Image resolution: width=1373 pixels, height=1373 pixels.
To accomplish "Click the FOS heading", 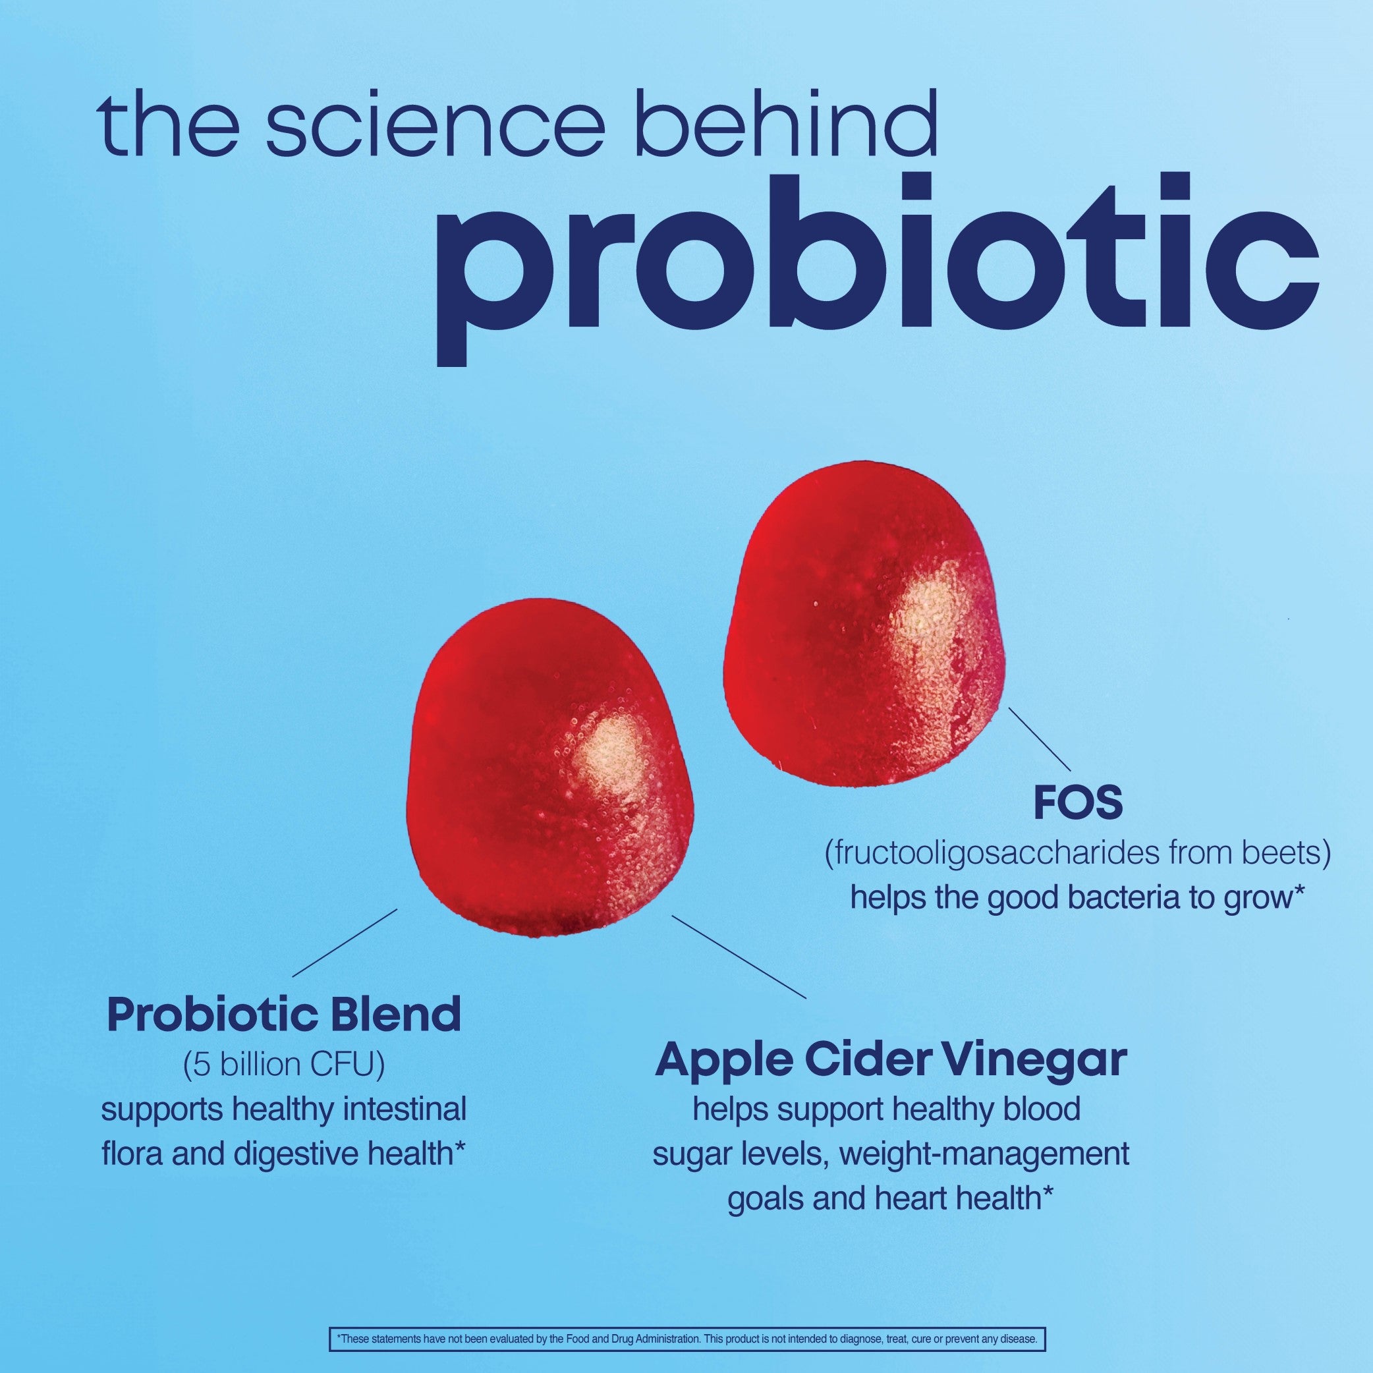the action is click(x=1078, y=804).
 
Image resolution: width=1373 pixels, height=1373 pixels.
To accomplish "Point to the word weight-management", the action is click(x=984, y=1154).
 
